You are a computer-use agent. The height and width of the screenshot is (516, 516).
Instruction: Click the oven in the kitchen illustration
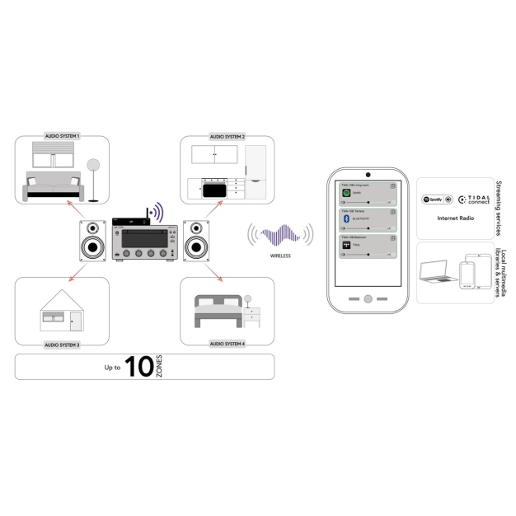(x=214, y=189)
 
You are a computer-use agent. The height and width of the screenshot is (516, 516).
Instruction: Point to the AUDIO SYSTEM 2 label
(x=228, y=136)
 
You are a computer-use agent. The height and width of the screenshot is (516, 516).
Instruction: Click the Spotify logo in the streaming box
(x=434, y=199)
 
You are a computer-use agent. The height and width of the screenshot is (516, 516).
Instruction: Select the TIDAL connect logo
(x=473, y=199)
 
